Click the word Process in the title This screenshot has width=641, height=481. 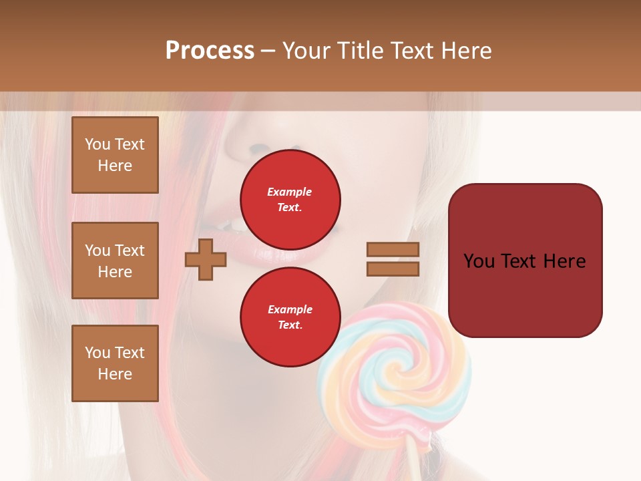point(210,51)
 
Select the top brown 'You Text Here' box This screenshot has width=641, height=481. point(115,155)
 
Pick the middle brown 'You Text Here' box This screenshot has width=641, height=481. point(115,261)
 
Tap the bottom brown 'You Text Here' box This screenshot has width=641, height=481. point(115,363)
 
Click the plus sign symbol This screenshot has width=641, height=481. point(206,260)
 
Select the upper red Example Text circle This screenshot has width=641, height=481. point(290,200)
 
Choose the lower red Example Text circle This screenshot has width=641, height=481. point(290,317)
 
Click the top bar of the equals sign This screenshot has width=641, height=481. point(393,249)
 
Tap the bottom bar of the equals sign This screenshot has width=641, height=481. point(393,269)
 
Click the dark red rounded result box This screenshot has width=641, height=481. point(525,294)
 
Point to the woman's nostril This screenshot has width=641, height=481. point(257,148)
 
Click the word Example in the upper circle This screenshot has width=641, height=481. point(290,192)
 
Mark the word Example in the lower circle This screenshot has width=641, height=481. point(290,309)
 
